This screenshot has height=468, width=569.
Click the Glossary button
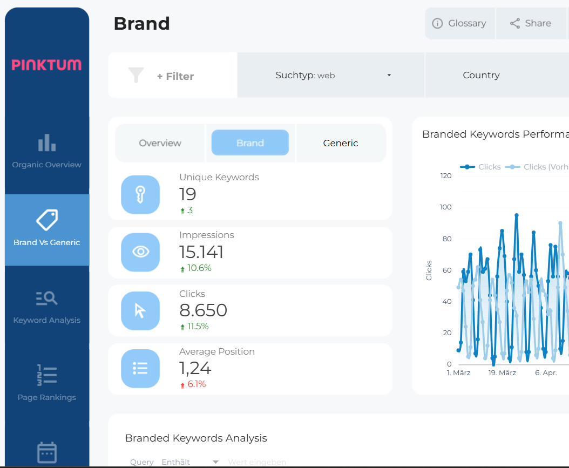pyautogui.click(x=459, y=23)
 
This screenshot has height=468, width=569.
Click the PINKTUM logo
pyautogui.click(x=47, y=65)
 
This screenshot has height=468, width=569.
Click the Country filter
pyautogui.click(x=481, y=75)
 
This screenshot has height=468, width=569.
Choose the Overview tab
pyautogui.click(x=160, y=143)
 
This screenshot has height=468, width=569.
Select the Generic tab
pyautogui.click(x=341, y=143)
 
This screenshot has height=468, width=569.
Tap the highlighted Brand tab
pyautogui.click(x=250, y=143)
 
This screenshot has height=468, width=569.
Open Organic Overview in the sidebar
pyautogui.click(x=47, y=152)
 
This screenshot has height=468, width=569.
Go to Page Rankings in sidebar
pyautogui.click(x=47, y=384)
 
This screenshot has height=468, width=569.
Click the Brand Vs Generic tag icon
pyautogui.click(x=47, y=220)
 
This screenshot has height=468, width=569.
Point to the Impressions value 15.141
pyautogui.click(x=201, y=252)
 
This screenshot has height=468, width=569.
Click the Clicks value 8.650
pyautogui.click(x=203, y=310)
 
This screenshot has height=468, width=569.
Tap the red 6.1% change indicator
pyautogui.click(x=196, y=384)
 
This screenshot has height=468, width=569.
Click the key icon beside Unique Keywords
pyautogui.click(x=140, y=194)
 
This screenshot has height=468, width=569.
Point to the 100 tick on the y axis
pyautogui.click(x=445, y=207)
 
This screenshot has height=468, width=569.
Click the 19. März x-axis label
pyautogui.click(x=502, y=373)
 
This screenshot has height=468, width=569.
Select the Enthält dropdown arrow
pyautogui.click(x=215, y=462)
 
